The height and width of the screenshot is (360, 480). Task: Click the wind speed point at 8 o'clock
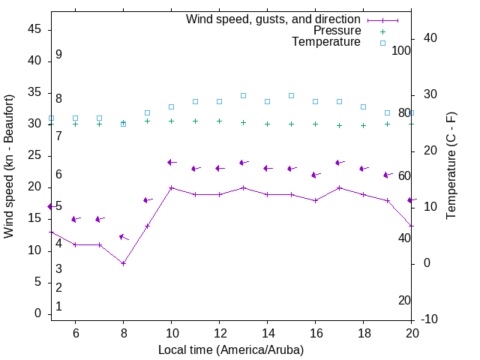coord(123,263)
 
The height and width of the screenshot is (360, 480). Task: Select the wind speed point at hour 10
coord(171,187)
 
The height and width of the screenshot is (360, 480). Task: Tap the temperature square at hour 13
coord(243,95)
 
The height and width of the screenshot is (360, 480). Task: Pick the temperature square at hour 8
coord(123,124)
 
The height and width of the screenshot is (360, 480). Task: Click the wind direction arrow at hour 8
coord(124,237)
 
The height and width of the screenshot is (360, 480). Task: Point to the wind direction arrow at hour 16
coord(316,175)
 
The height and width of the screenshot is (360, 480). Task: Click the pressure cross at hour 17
coord(339,125)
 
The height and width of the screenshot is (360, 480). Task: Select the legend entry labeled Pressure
coord(337,31)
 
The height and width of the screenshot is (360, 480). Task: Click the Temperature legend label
coord(326,42)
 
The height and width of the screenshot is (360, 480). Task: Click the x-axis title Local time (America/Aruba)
coord(231,349)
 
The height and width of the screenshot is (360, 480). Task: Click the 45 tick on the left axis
coord(34,29)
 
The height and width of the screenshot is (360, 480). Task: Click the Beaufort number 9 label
coord(58,55)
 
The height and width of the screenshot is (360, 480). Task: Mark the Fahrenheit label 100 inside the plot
coord(401,50)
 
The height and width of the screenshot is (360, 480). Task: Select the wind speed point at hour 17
coord(339,187)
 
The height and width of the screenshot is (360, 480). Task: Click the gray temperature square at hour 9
coord(147,112)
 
